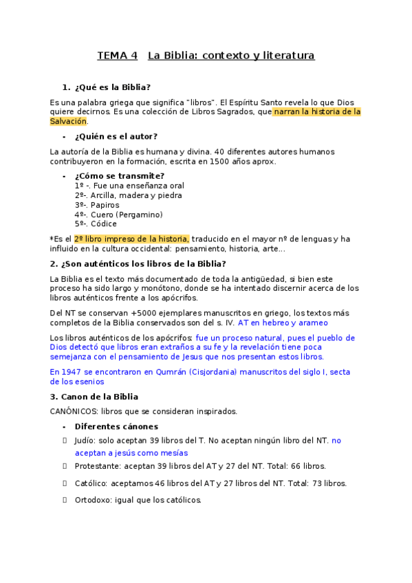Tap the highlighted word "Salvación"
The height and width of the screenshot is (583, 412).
68,121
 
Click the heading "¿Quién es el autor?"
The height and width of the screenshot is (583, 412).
116,136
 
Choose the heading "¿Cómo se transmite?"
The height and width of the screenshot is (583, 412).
119,176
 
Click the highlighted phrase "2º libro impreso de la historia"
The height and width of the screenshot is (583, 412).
131,239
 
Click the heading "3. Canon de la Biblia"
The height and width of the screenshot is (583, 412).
94,397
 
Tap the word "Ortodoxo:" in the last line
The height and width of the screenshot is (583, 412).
92,500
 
